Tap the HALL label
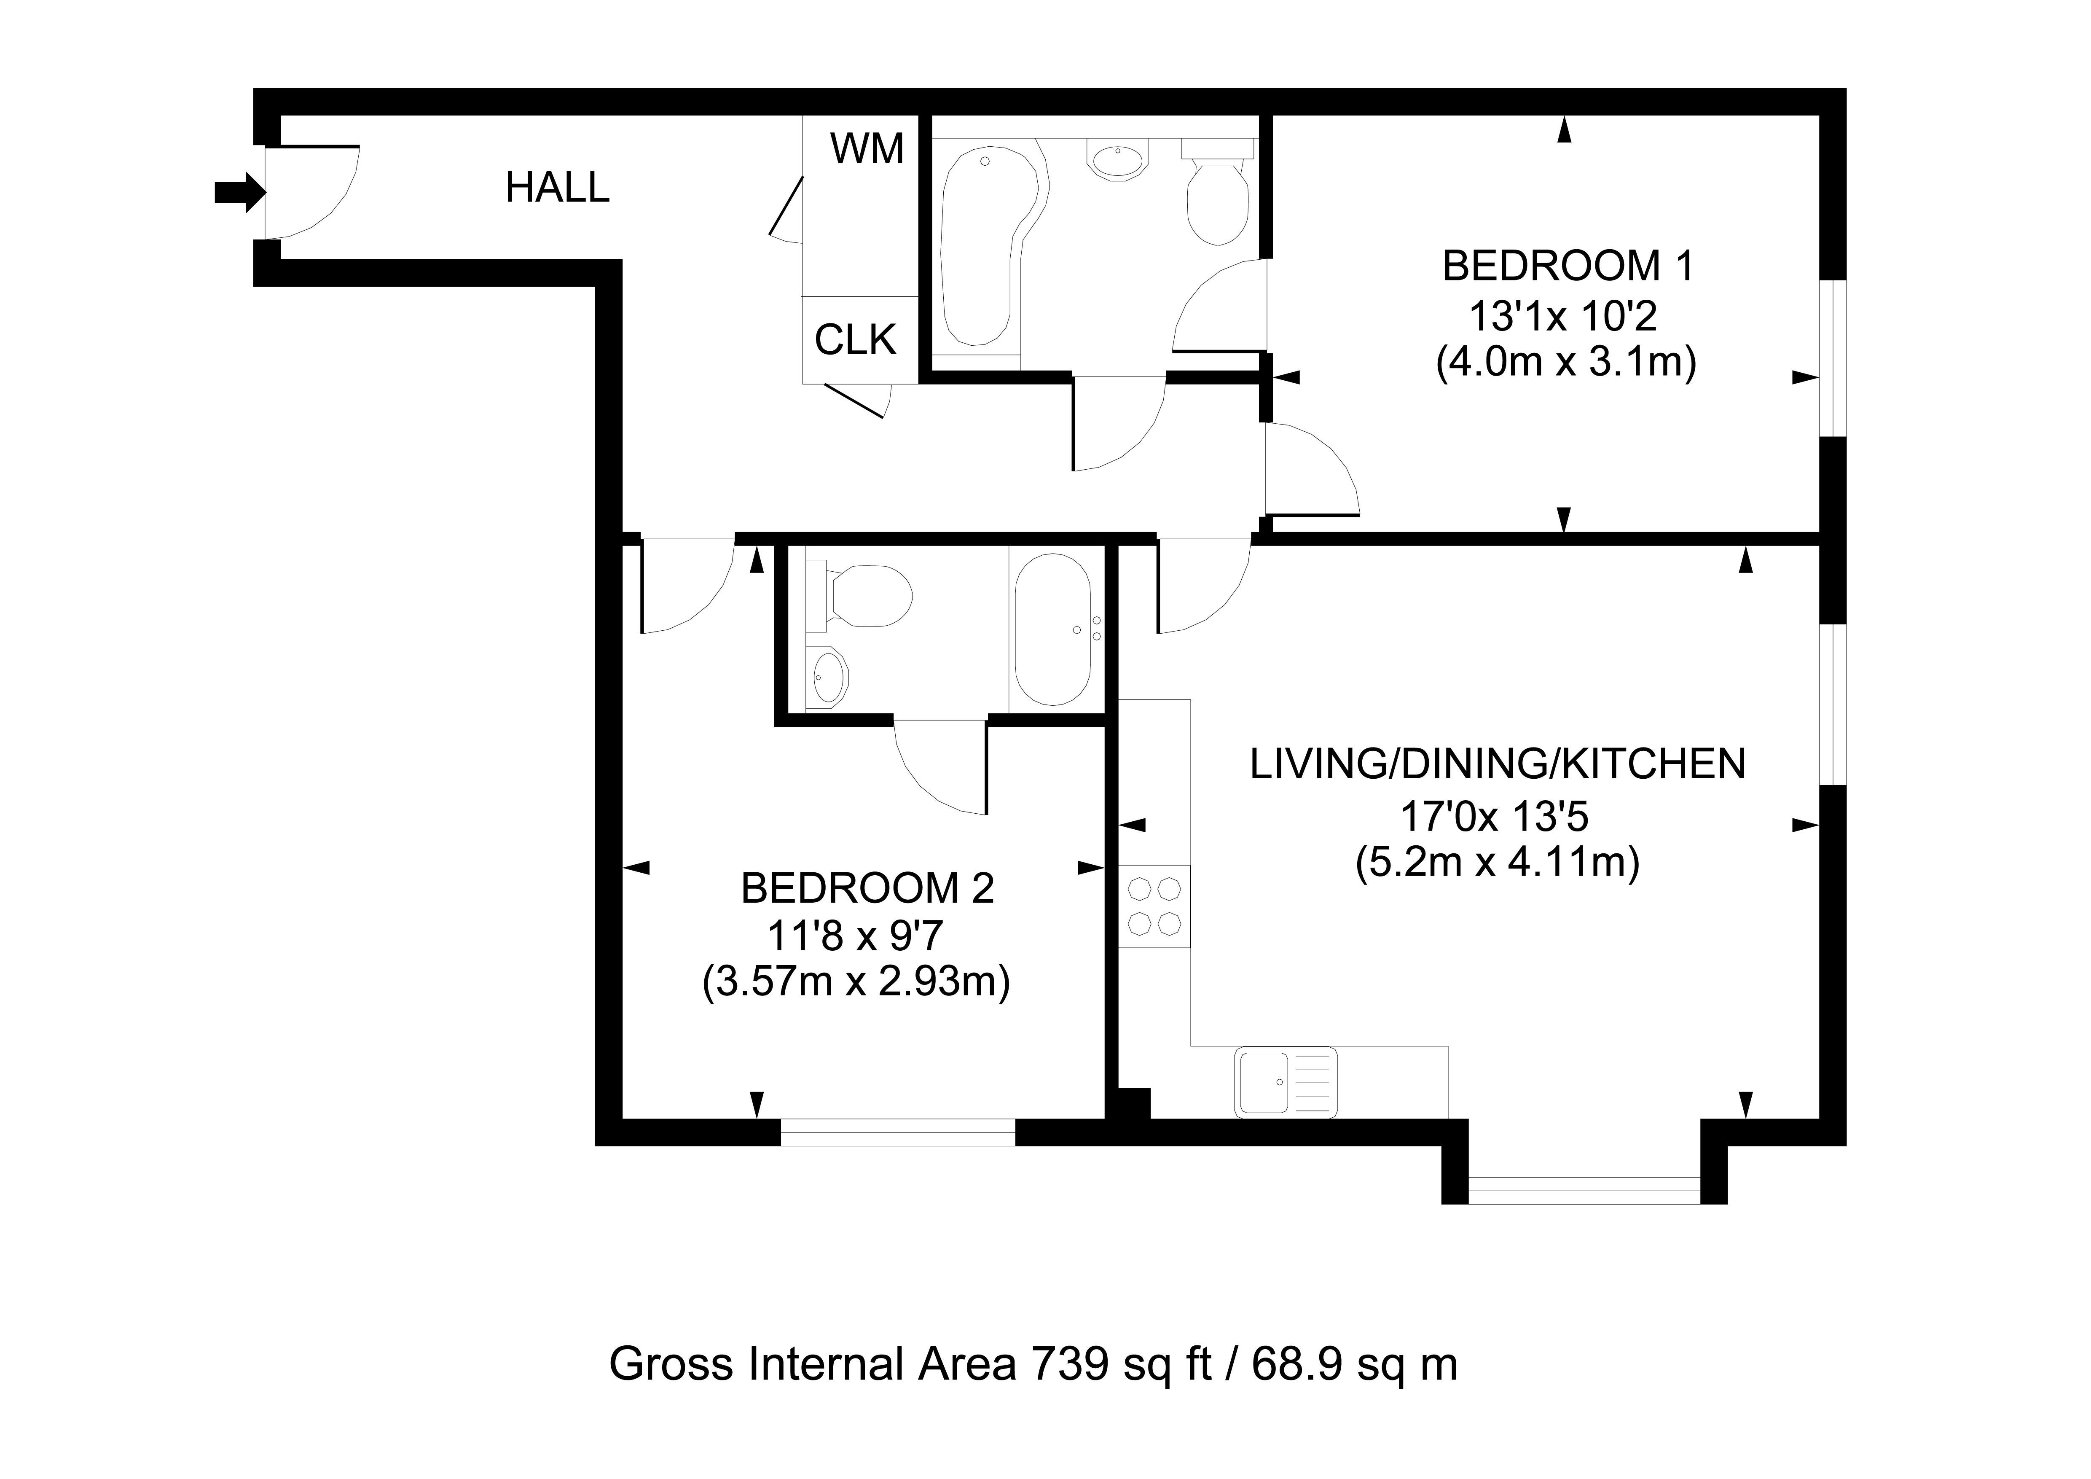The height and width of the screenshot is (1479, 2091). click(x=556, y=188)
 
